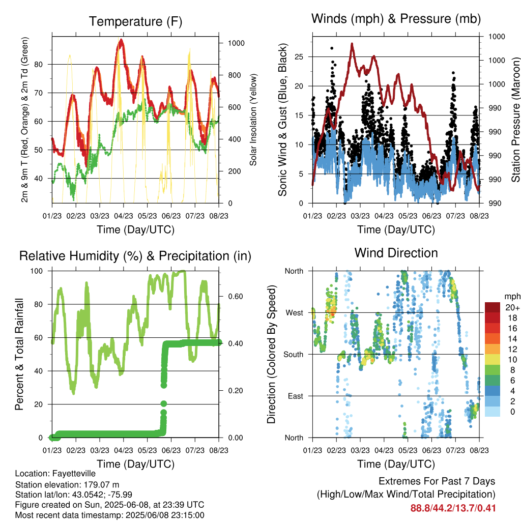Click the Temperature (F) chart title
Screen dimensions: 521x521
(135, 21)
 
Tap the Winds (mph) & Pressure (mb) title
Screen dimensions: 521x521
(396, 19)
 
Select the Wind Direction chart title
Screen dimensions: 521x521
(396, 253)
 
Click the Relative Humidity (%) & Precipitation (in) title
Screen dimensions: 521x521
(135, 256)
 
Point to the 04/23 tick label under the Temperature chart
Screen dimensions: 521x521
(124, 216)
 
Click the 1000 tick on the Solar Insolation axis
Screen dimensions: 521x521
(236, 43)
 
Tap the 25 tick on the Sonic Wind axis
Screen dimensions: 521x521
(299, 57)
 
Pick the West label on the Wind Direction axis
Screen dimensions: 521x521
(295, 313)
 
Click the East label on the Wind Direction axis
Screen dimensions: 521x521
(296, 396)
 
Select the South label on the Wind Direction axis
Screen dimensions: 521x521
(294, 355)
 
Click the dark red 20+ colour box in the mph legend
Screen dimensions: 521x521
(493, 307)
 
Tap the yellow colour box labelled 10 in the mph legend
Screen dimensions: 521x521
(493, 360)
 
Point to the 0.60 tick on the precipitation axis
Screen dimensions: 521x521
(236, 297)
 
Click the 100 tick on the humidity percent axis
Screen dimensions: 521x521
(37, 271)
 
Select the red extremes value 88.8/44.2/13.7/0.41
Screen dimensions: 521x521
(453, 508)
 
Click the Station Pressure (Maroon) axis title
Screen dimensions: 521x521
(515, 120)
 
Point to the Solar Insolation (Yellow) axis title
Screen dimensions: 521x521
(253, 120)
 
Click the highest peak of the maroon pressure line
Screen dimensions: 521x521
(352, 44)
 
